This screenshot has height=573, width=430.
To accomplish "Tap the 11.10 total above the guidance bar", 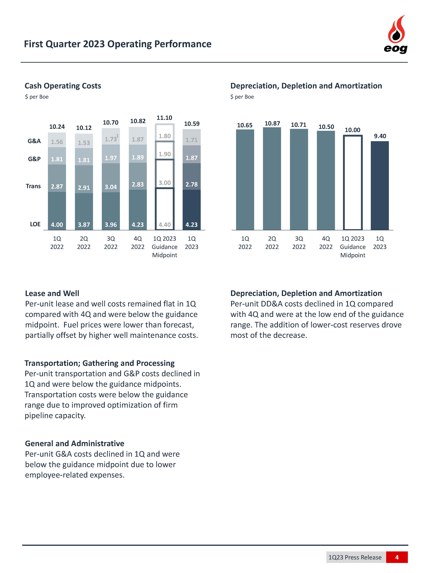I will click(164, 118).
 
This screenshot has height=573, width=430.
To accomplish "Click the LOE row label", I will click(35, 224).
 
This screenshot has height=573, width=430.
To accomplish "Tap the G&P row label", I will click(34, 159).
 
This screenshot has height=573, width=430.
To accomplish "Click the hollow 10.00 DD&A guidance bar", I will click(352, 183).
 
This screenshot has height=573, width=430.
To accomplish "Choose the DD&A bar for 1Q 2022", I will click(245, 179).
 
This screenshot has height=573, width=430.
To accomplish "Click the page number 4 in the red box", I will click(397, 557).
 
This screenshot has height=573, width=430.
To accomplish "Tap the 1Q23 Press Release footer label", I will click(355, 557).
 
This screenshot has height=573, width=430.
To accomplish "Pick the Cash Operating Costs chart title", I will click(63, 86).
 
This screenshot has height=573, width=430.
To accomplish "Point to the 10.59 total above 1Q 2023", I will click(192, 124).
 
